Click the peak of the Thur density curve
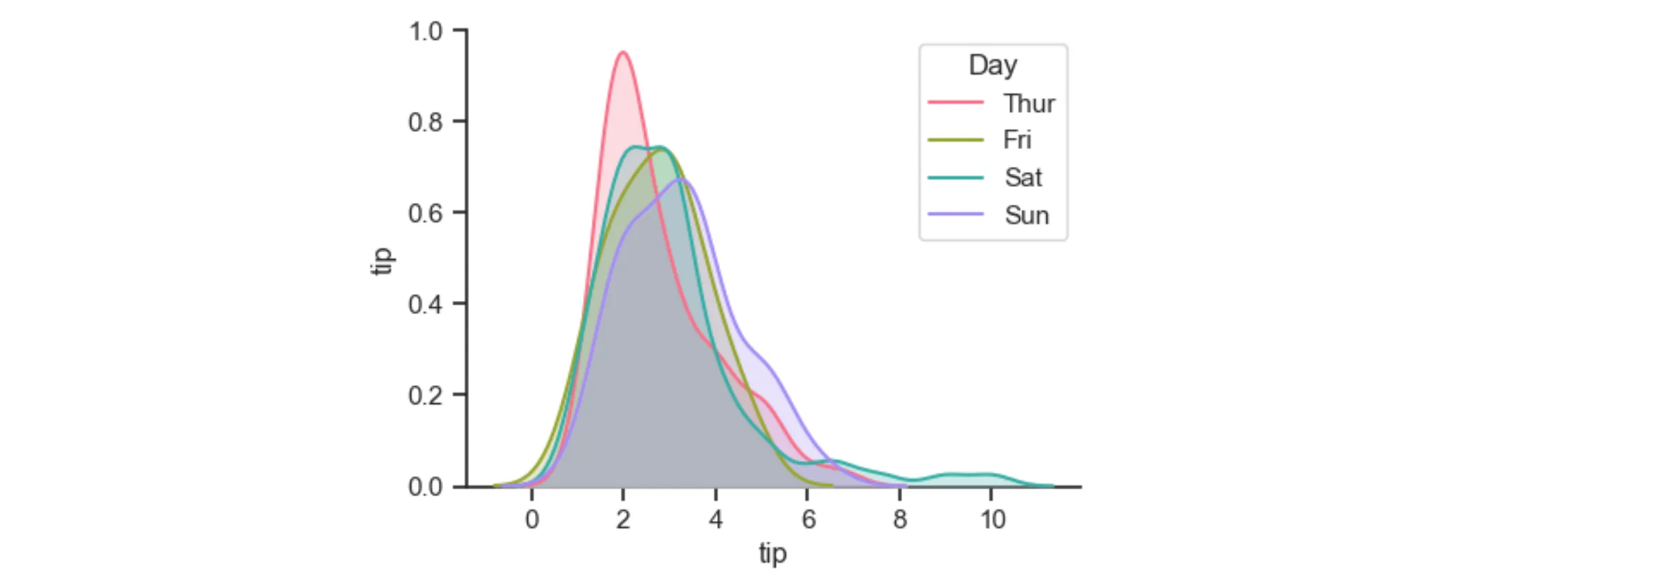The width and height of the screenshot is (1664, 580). (623, 52)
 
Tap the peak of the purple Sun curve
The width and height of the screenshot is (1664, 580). (680, 179)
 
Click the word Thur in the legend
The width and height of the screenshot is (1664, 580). (1029, 103)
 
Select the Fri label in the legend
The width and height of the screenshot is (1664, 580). (1017, 140)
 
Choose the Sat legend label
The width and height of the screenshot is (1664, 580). (1023, 177)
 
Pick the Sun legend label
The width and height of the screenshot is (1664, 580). (1027, 215)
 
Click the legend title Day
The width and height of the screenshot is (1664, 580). (992, 65)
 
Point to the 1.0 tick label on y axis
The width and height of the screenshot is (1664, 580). (426, 32)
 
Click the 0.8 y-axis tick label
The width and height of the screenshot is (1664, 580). (426, 122)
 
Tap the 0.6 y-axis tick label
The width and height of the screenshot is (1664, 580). (426, 214)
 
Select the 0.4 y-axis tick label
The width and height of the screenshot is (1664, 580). (426, 304)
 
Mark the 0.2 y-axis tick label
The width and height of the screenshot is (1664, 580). (426, 396)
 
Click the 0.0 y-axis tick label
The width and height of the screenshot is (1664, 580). (426, 487)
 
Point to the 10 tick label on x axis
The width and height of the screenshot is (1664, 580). (992, 520)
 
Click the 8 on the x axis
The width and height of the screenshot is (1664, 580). (899, 520)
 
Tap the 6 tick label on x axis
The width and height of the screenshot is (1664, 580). (808, 520)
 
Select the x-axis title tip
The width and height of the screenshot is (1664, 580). (773, 553)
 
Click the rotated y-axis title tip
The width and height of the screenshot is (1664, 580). (382, 260)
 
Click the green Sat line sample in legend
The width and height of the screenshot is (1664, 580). (956, 177)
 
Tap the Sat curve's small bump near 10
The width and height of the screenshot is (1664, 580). (970, 475)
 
